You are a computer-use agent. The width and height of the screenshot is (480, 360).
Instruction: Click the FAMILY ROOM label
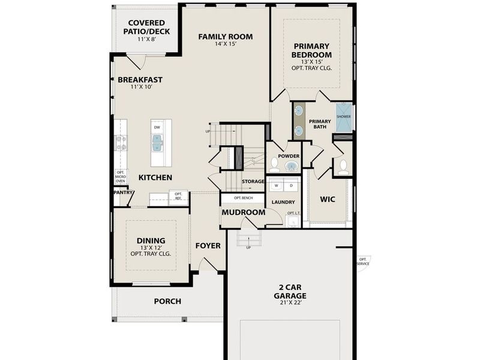(226, 37)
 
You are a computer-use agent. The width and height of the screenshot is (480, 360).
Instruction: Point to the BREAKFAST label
(140, 80)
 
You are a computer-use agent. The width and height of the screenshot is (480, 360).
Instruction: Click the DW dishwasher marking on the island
(157, 127)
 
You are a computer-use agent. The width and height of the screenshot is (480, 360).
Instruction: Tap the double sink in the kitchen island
(157, 143)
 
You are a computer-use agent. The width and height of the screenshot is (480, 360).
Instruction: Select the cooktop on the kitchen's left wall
(120, 143)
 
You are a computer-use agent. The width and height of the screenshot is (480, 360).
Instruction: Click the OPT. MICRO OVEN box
(121, 176)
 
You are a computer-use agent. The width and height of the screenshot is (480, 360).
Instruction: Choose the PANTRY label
(122, 193)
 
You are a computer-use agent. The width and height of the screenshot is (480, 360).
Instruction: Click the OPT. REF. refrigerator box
(178, 196)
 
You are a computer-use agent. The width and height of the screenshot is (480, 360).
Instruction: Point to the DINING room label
(151, 241)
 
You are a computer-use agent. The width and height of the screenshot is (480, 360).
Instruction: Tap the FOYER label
(208, 246)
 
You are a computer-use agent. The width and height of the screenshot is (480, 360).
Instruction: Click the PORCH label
(167, 301)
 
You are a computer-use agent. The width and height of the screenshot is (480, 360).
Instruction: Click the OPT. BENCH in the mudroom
(242, 197)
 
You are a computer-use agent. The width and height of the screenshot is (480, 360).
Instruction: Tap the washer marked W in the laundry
(277, 186)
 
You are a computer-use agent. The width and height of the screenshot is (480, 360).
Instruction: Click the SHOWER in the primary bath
(343, 118)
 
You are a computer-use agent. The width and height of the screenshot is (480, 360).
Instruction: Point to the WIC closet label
(327, 199)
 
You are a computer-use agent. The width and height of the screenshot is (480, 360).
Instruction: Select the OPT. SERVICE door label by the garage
(363, 262)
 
